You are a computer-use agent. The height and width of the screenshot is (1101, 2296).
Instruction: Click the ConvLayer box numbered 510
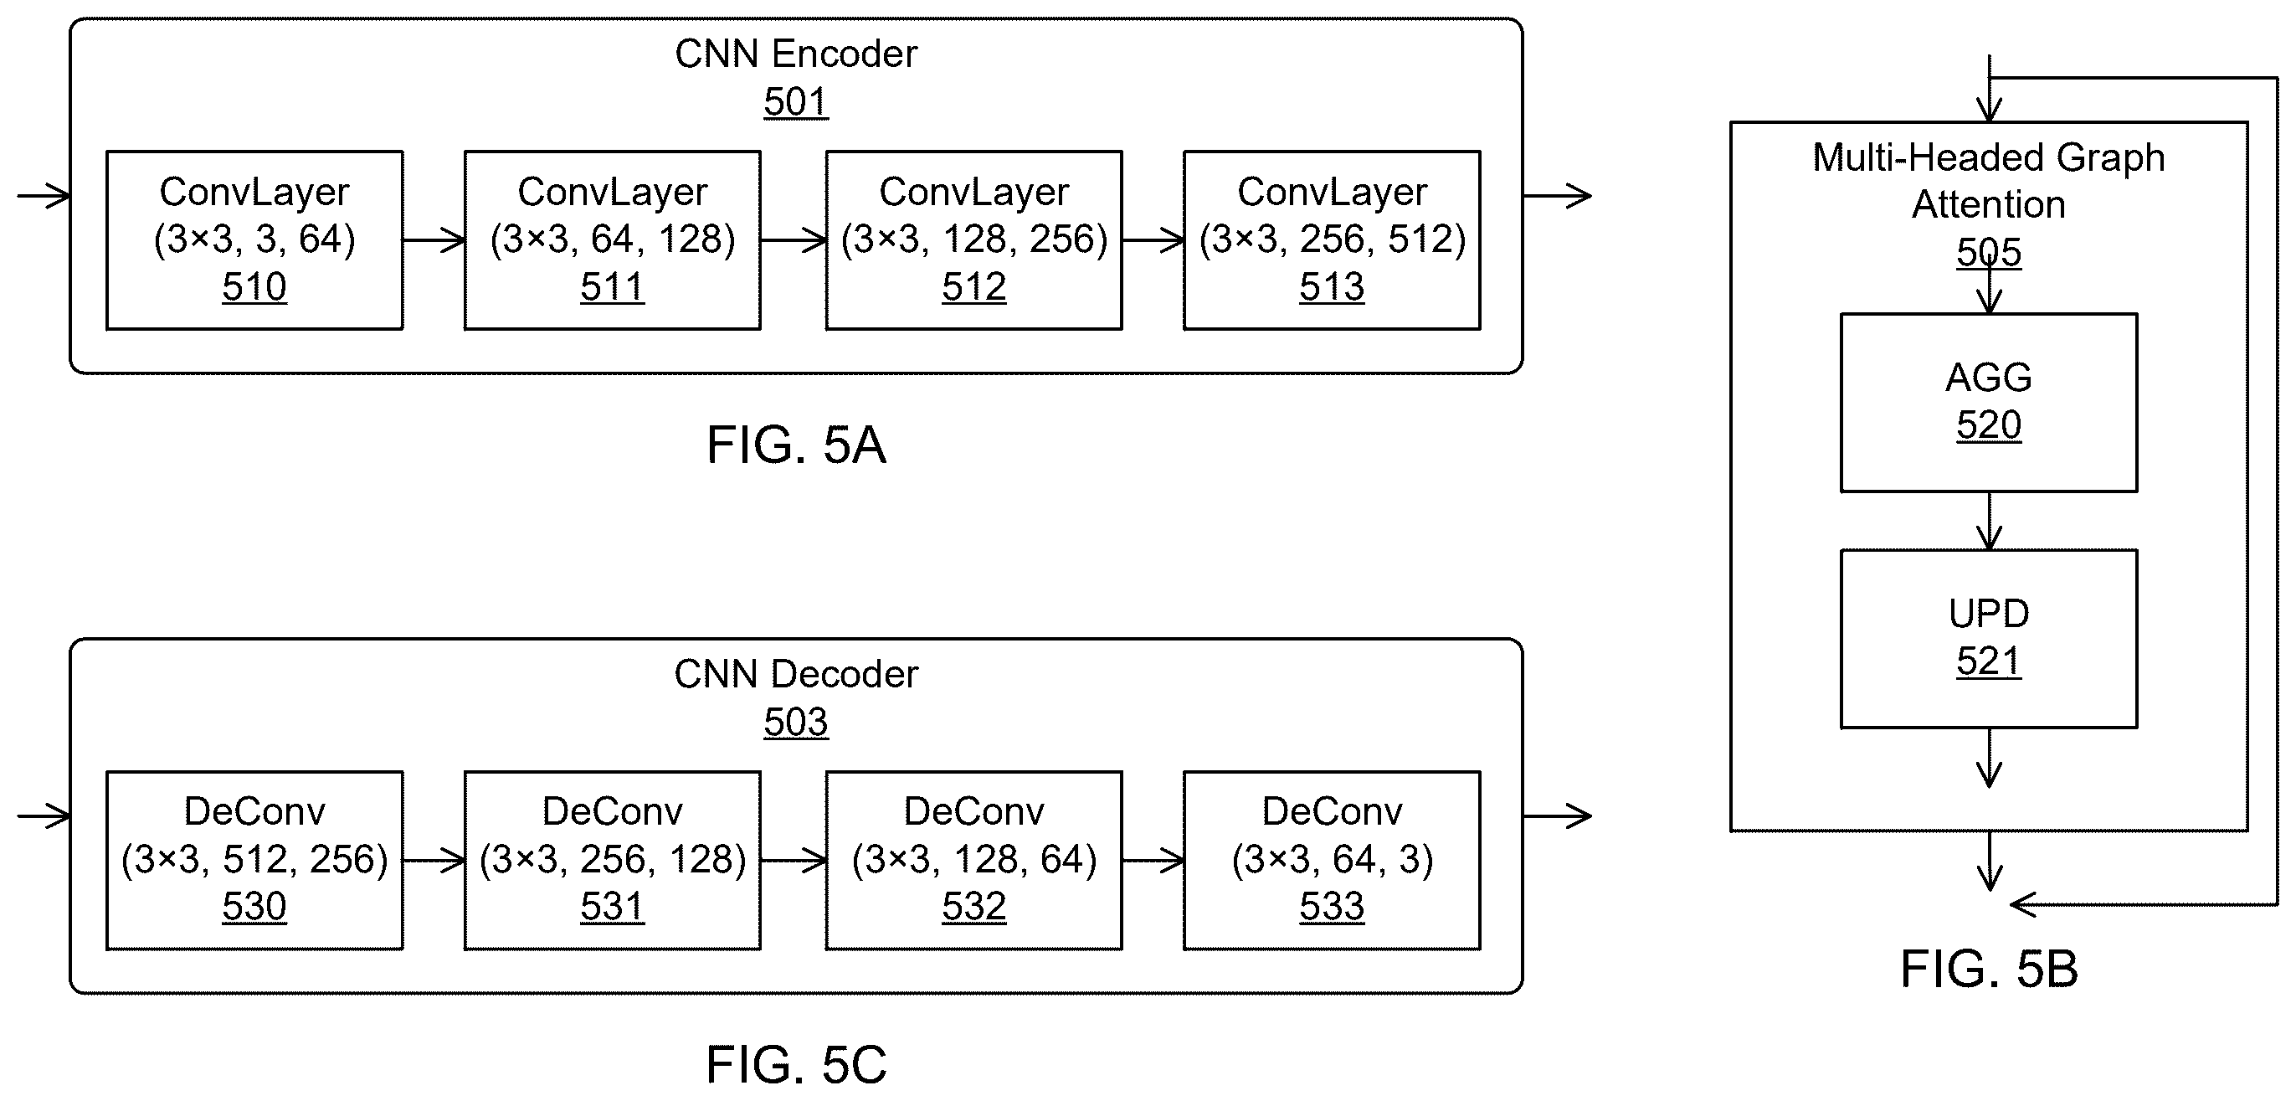[x=254, y=239]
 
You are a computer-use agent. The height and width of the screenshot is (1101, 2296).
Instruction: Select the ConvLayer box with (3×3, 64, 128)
[x=613, y=239]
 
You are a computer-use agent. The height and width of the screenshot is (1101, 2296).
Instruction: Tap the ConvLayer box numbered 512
[x=973, y=239]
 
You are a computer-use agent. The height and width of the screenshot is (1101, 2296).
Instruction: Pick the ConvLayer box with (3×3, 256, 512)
[x=1332, y=239]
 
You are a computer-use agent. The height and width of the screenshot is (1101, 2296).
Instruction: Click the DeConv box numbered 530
[x=254, y=861]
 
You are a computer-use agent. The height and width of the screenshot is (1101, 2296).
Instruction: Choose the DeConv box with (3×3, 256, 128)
[x=613, y=861]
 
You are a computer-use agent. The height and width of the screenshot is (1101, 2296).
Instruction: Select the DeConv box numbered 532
[x=973, y=861]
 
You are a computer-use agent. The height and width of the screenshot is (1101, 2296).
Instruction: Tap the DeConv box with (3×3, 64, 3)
[x=1332, y=861]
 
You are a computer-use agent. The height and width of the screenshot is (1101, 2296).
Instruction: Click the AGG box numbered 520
[x=1989, y=402]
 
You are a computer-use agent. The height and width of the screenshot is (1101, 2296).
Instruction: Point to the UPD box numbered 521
[x=1989, y=638]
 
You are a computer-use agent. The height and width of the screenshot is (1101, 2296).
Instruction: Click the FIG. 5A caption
[x=796, y=445]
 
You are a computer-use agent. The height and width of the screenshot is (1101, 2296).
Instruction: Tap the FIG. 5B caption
[x=1989, y=968]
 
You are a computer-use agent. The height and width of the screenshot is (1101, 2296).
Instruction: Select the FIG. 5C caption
[x=796, y=1064]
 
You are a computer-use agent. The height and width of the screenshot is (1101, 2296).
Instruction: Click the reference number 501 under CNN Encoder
[x=796, y=101]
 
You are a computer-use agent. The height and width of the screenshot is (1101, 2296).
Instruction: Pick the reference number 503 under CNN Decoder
[x=796, y=722]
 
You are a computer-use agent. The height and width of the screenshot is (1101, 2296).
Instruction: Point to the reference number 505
[x=1989, y=252]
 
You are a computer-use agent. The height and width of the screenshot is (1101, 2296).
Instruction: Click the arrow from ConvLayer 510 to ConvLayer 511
[x=434, y=239]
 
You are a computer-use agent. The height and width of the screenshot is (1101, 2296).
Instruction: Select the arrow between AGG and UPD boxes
[x=1990, y=521]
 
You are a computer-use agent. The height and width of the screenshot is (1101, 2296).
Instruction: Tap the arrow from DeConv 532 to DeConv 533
[x=1153, y=861]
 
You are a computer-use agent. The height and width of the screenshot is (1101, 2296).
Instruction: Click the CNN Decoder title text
[x=796, y=674]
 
